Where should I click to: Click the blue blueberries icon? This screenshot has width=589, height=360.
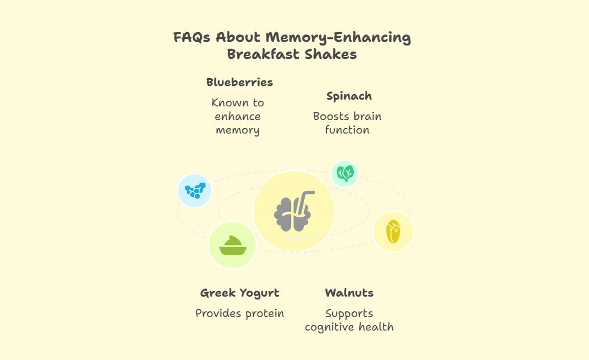tap(195, 191)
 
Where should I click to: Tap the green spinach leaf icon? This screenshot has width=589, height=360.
tap(345, 174)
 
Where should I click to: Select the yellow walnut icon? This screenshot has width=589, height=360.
tap(393, 232)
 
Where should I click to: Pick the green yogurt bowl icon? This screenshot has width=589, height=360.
tap(233, 245)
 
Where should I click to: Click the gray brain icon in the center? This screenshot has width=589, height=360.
tap(292, 215)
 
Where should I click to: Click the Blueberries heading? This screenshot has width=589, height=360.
tap(240, 82)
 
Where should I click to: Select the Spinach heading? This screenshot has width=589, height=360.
tap(349, 96)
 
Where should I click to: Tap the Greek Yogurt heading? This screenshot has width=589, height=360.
tap(240, 293)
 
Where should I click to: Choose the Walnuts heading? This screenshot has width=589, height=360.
tap(349, 292)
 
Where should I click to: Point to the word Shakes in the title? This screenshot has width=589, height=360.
tap(331, 55)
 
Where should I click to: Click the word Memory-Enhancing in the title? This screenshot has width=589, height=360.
tap(338, 38)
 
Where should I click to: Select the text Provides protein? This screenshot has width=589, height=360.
tap(240, 313)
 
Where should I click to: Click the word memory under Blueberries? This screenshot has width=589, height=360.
tap(238, 130)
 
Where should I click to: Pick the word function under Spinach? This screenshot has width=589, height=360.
tap(347, 130)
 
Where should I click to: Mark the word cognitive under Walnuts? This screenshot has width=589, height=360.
tap(329, 327)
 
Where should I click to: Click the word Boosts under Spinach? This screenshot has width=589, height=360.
tap(329, 117)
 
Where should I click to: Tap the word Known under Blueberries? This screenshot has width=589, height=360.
tap(227, 103)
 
